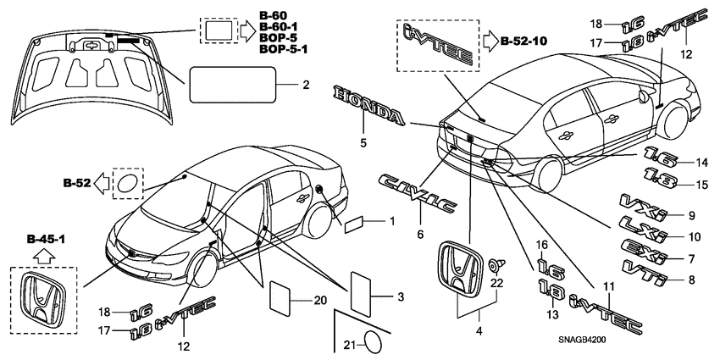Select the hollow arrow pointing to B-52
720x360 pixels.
(x=101, y=181)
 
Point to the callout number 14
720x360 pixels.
(x=701, y=162)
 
